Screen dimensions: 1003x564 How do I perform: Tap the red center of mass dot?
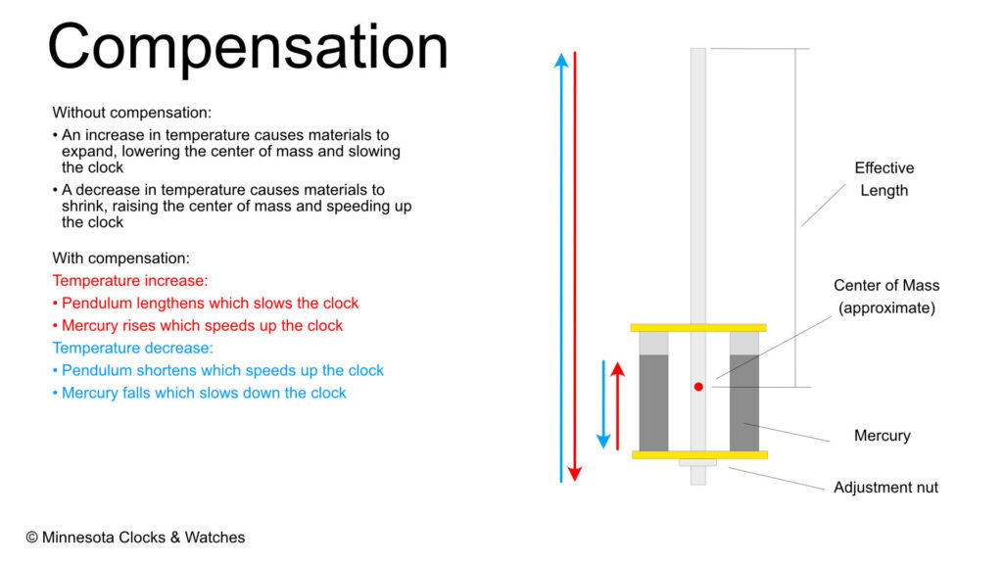698,387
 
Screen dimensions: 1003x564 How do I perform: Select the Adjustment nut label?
885,488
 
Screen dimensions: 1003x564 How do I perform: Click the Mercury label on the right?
883,436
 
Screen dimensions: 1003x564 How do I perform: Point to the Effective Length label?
884,179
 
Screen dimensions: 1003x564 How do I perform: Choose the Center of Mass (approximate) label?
886,297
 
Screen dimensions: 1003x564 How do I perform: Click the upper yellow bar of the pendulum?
698,327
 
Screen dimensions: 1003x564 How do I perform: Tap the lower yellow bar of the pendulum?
699,454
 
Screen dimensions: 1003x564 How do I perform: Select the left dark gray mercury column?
653,402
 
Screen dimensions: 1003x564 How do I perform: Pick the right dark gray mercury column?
744,402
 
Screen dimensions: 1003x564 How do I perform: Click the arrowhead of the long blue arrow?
561,60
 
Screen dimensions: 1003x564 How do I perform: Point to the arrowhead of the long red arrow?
574,474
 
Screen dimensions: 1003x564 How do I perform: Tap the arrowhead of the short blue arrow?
603,442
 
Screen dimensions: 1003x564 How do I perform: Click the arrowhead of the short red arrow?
617,369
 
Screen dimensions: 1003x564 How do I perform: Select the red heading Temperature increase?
130,281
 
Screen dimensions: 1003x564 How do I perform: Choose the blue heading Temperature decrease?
132,348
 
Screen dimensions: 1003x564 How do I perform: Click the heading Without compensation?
132,113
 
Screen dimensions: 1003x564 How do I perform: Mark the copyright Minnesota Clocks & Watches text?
135,538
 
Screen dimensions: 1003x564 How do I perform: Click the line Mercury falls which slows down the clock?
200,393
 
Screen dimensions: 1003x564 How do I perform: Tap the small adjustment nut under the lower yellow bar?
697,462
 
